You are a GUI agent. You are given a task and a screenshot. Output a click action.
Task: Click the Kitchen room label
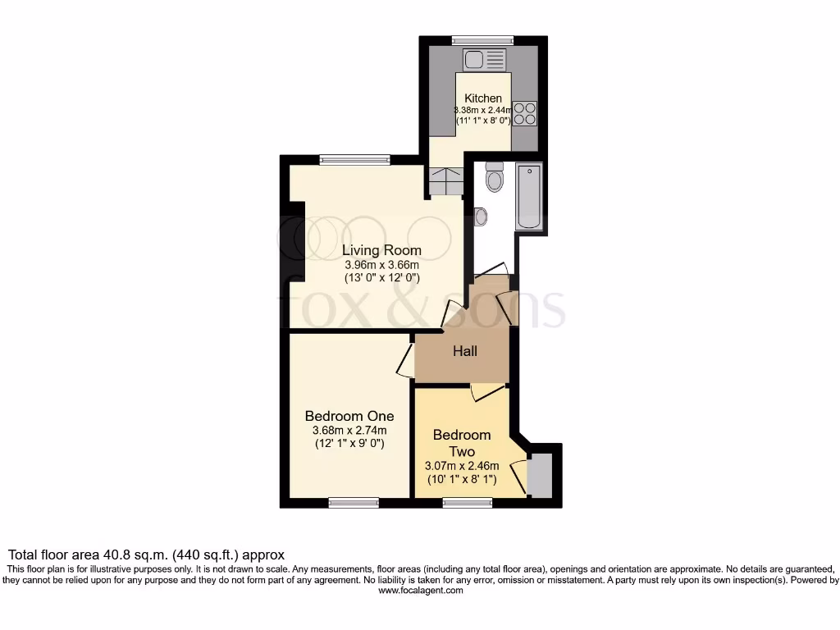pyautogui.click(x=483, y=98)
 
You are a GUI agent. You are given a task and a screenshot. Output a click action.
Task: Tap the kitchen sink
pyautogui.click(x=484, y=59)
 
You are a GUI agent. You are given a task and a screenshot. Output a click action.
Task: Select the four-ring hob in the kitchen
pyautogui.click(x=525, y=113)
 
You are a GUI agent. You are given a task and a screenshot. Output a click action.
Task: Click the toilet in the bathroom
pyautogui.click(x=494, y=176)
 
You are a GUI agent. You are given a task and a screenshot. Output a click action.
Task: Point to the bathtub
pyautogui.click(x=528, y=196)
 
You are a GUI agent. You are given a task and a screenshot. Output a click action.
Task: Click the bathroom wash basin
pyautogui.click(x=480, y=217)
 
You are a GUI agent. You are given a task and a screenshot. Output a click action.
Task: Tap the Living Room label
pyautogui.click(x=381, y=250)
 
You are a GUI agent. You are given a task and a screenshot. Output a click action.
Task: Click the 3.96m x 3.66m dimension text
pyautogui.click(x=381, y=264)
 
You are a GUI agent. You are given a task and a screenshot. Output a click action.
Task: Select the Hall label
pyautogui.click(x=465, y=351)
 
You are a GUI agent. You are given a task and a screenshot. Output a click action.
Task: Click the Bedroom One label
pyautogui.click(x=349, y=415)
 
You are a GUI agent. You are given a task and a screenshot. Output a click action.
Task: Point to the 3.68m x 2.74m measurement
pyautogui.click(x=349, y=430)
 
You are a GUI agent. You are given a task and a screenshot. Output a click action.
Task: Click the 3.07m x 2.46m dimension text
pyautogui.click(x=462, y=466)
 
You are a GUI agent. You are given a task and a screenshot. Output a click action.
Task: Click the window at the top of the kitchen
pyautogui.click(x=482, y=40)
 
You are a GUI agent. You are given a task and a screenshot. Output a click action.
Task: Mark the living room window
pyautogui.click(x=354, y=160)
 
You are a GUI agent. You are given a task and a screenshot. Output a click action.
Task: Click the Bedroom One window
pyautogui.click(x=353, y=503)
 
